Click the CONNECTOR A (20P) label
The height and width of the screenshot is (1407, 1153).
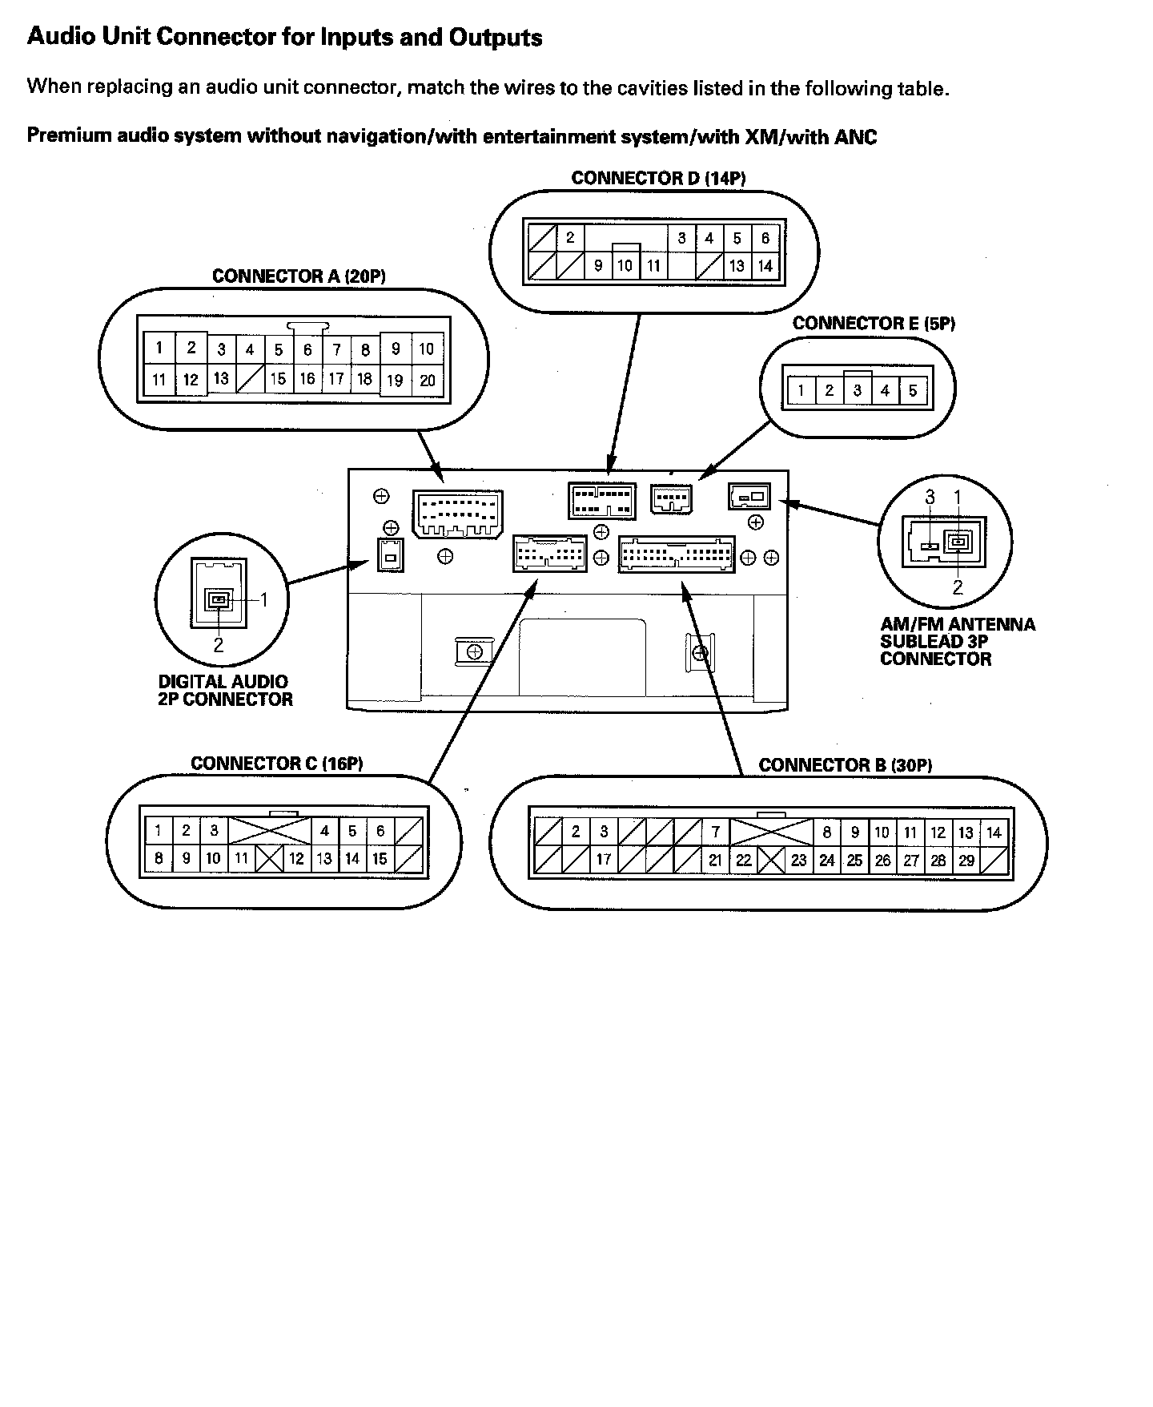coord(299,276)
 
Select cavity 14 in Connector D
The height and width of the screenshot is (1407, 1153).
coord(765,266)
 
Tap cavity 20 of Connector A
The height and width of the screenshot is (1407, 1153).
coord(428,381)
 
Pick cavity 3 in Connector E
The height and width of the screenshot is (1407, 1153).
coord(858,391)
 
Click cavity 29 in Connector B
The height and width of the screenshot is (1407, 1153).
coord(966,861)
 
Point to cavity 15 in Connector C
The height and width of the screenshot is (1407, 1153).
coord(380,859)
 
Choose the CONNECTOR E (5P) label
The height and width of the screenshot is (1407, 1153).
coord(874,324)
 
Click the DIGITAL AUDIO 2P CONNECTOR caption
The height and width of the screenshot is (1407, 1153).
coord(225,691)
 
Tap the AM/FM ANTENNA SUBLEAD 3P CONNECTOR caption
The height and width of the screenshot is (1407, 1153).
coord(957,641)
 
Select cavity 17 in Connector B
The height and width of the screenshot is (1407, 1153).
coord(604,860)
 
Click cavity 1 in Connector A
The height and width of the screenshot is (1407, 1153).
coord(159,348)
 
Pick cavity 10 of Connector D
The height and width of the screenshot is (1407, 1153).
coord(625,266)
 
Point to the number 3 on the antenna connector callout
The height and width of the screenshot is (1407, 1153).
coord(930,498)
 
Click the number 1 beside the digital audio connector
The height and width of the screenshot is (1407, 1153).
coord(263,599)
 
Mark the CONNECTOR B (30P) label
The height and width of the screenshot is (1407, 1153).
coord(846,765)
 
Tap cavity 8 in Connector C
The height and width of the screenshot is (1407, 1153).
coord(159,859)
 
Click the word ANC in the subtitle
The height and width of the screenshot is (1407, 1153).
coord(855,137)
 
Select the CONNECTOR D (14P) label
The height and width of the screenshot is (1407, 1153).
coord(658,178)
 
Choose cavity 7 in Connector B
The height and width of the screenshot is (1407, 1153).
coord(716,833)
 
